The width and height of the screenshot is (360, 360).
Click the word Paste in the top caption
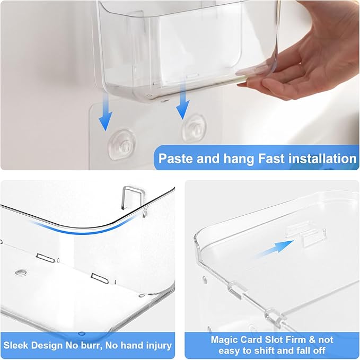click(x=176, y=159)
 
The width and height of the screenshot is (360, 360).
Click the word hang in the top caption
click(x=238, y=159)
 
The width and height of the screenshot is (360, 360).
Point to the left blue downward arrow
click(x=106, y=112)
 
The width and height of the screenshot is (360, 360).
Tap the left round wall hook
click(x=122, y=145)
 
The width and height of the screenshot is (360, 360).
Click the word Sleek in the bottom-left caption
click(x=16, y=345)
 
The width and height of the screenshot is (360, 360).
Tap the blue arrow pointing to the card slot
click(x=274, y=249)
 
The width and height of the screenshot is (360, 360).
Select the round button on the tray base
click(x=21, y=273)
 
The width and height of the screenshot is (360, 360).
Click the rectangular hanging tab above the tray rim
click(x=133, y=197)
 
